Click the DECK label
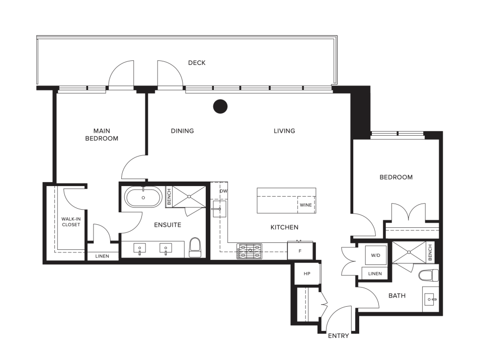coord(197,63)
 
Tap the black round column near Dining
coord(220,107)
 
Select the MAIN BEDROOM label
coord(102,135)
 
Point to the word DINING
coord(182,131)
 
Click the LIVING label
coord(284,131)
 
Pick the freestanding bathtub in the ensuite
coord(143,198)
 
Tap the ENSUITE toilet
coord(195,247)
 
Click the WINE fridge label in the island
coord(305,205)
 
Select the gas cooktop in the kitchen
coord(249,251)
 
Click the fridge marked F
coord(300,251)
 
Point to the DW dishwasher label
coord(223,191)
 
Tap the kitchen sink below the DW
coord(219,209)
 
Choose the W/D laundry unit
coord(376,255)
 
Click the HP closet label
coord(307,274)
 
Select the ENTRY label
coord(338,336)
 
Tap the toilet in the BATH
coord(429,276)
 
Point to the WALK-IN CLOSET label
coord(71,222)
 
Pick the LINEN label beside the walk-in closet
coord(102,256)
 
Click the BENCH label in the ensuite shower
coord(169,197)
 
